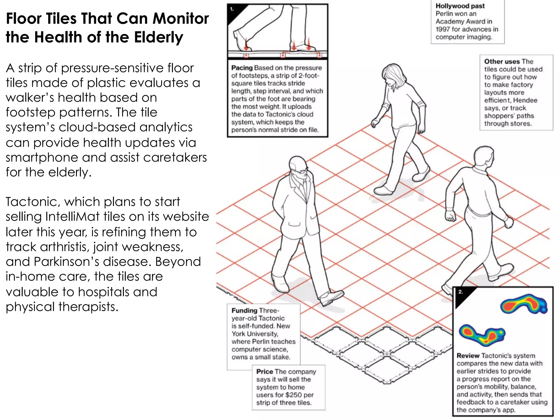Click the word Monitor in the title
click(180, 19)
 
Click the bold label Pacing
click(242, 68)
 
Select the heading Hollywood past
click(460, 6)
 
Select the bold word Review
click(468, 356)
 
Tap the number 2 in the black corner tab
click(460, 292)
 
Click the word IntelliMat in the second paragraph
click(72, 217)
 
